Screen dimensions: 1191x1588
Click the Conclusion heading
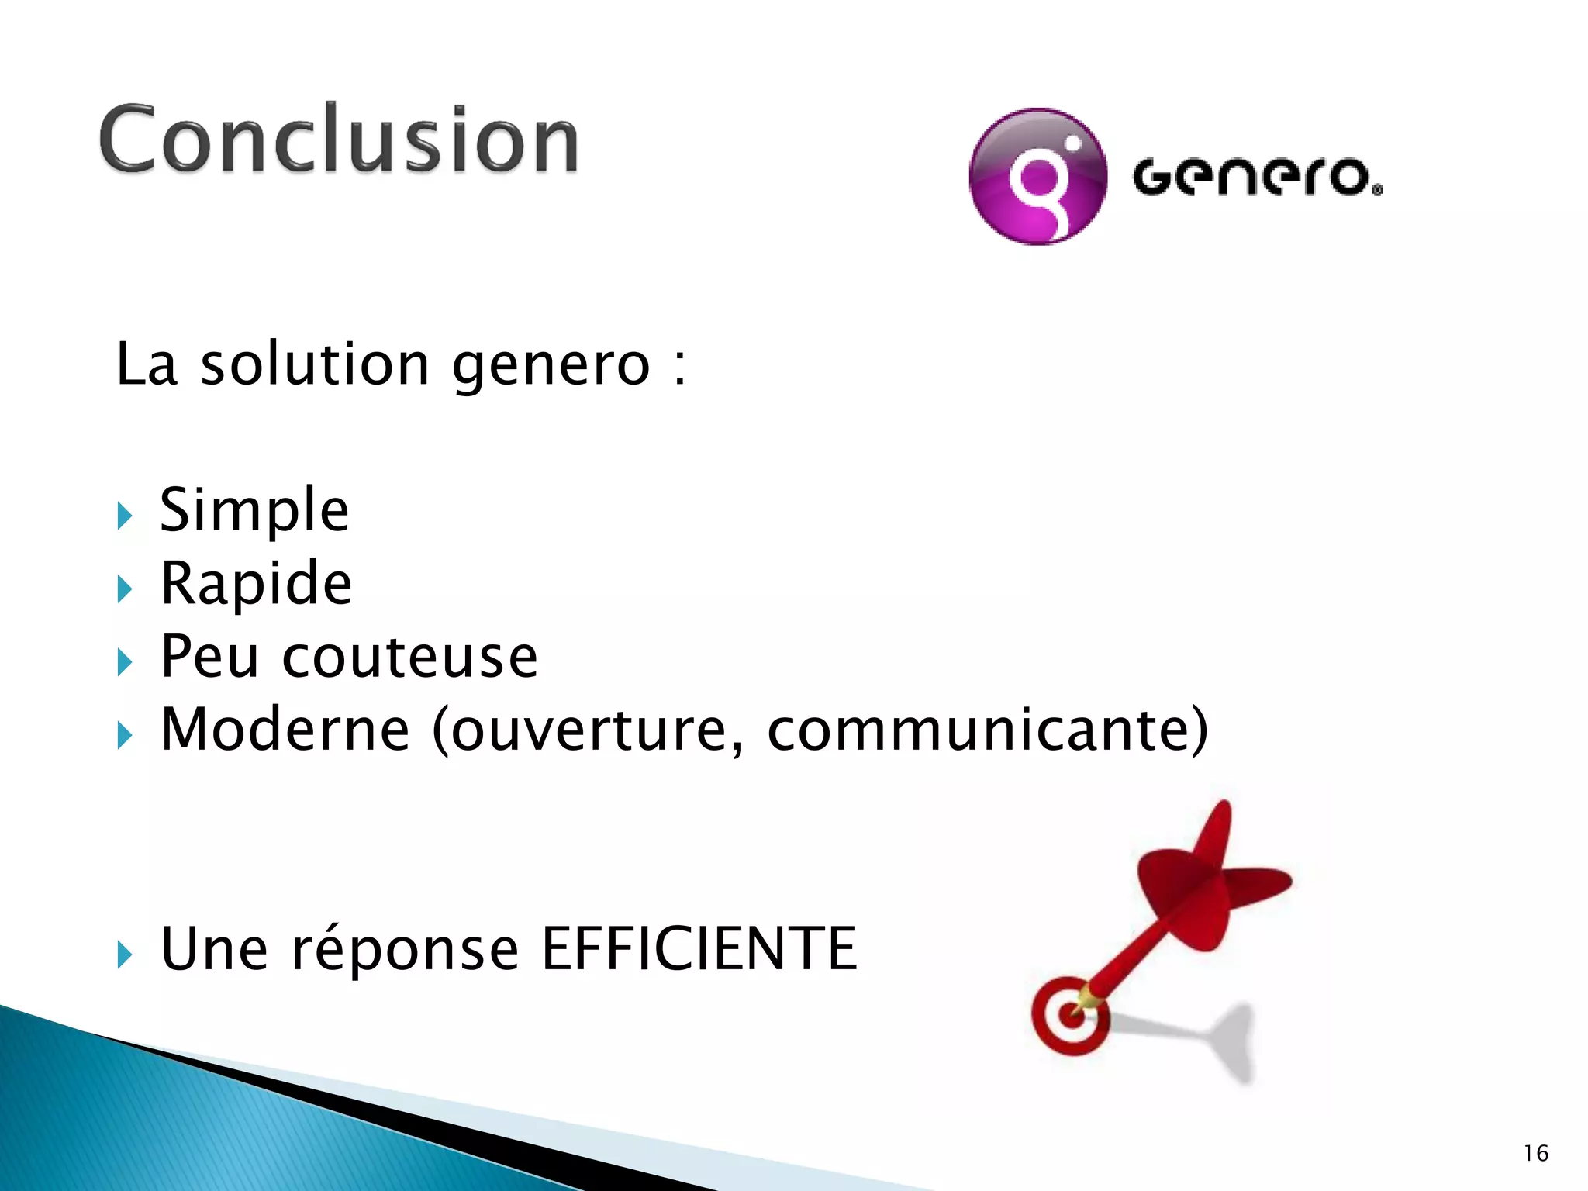339,140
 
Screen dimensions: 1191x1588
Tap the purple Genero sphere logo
1037,177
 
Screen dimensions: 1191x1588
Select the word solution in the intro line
315,364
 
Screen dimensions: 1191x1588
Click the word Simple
254,510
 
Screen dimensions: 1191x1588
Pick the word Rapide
256,583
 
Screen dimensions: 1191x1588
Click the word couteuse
409,657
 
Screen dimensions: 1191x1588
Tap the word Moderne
285,730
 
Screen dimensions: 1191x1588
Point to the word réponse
404,951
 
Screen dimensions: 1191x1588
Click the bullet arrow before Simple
125,516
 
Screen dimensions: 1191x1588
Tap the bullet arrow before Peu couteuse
125,662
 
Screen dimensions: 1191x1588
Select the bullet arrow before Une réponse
125,955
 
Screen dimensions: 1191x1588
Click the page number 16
1535,1154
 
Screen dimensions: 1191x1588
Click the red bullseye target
1069,1017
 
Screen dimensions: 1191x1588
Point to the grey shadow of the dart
1217,1039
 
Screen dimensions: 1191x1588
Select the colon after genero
679,366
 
